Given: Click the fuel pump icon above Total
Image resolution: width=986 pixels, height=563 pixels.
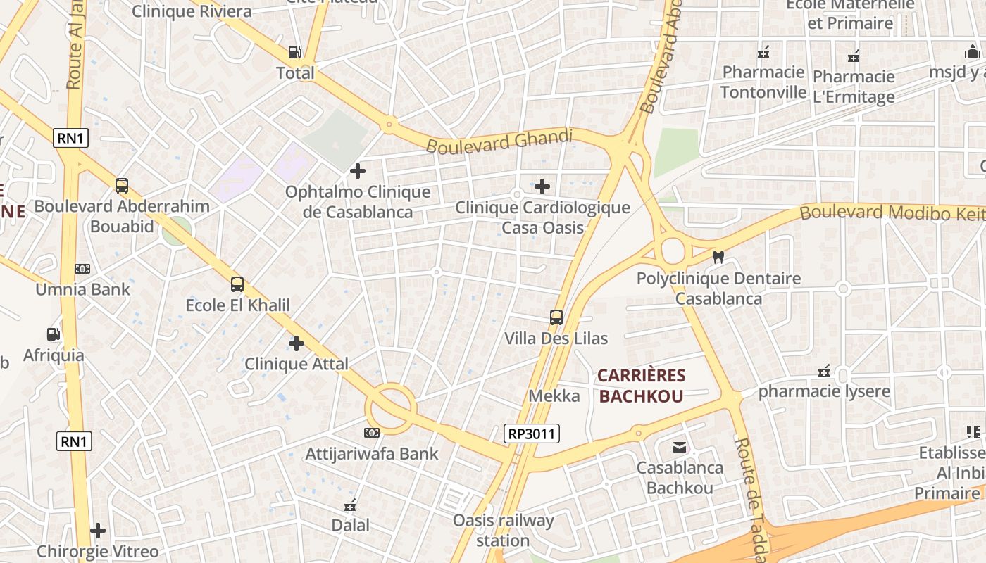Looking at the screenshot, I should [294, 52].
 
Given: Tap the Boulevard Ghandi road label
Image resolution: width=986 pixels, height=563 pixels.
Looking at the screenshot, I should [499, 141].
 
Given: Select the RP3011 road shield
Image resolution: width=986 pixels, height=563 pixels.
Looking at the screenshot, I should [532, 434].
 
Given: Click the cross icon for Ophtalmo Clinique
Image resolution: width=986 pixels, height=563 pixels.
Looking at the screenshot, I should [358, 170].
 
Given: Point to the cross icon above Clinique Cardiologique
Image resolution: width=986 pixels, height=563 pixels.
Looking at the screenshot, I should [542, 186].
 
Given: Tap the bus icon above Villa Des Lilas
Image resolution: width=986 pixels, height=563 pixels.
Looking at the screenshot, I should [556, 317].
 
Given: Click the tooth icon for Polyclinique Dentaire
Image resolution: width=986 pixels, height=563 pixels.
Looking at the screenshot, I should [718, 258].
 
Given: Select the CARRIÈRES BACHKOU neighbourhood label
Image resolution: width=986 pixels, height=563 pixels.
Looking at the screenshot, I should [641, 386].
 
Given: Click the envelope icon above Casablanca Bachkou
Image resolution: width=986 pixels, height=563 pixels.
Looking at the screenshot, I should [680, 447].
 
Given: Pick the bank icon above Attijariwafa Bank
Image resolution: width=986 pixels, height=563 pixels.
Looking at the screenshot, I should [371, 432].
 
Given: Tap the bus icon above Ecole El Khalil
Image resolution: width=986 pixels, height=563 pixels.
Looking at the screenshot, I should [237, 284].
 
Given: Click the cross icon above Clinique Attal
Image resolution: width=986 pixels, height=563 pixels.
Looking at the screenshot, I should [297, 343].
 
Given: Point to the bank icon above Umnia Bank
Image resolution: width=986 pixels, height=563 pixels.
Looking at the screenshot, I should [82, 268].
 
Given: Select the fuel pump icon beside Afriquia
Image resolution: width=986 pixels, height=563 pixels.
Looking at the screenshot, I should [53, 334].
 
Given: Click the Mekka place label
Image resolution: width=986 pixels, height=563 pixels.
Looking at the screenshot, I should [554, 396].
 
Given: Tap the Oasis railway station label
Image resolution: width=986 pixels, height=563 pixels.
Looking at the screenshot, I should [503, 531].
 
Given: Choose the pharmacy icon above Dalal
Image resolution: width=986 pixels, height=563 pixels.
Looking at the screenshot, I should [350, 505].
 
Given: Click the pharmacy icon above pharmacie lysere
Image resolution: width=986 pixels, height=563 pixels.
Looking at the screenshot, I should [824, 371].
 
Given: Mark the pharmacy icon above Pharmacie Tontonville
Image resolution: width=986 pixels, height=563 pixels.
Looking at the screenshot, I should [763, 52].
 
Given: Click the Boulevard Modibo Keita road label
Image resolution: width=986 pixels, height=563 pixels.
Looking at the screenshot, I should [891, 212].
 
